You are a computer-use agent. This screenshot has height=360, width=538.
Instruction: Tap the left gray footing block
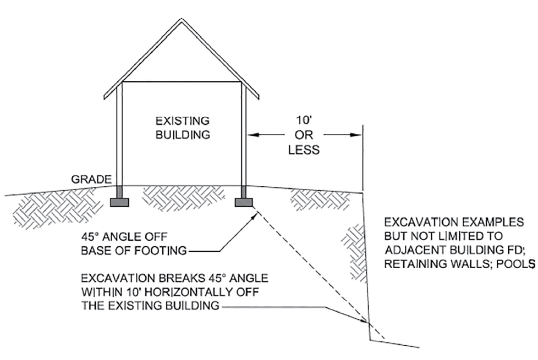[x=119, y=202]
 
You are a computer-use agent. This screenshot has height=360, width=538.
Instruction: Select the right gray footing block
[x=244, y=202]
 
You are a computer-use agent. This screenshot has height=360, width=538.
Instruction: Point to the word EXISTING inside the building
[x=182, y=120]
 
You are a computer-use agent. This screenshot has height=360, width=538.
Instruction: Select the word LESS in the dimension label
[x=304, y=149]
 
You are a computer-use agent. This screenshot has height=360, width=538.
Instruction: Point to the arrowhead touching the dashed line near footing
[x=255, y=214]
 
